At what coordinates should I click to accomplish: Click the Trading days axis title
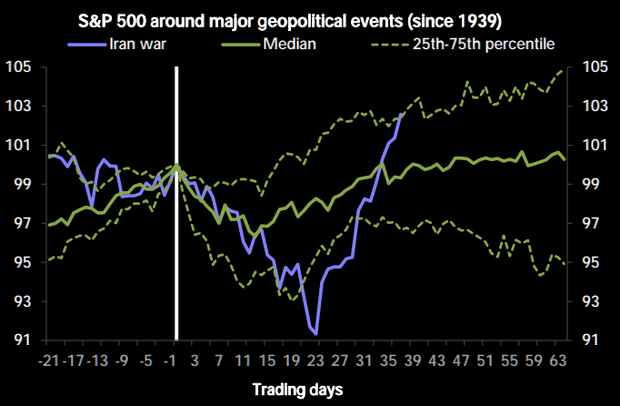[x=299, y=390]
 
